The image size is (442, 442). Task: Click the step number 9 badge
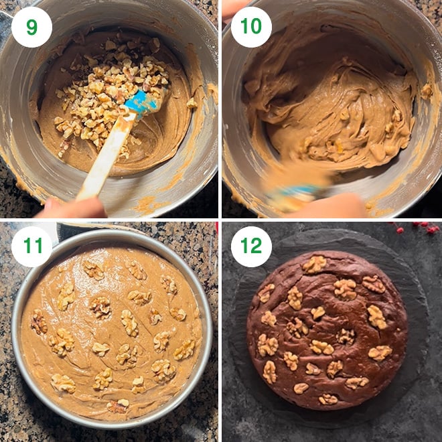[x=31, y=27]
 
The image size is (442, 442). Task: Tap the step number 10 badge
[x=251, y=27]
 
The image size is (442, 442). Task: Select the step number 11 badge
[x=31, y=247]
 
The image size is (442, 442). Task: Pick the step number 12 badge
[x=251, y=247]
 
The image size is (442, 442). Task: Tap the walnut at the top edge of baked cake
[x=313, y=264]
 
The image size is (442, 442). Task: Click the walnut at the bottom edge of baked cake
[x=328, y=399]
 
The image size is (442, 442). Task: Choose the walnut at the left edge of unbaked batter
[x=39, y=323]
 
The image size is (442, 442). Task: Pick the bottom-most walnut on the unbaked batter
[x=118, y=406]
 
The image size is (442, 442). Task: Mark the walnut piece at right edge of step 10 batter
[x=426, y=90]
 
